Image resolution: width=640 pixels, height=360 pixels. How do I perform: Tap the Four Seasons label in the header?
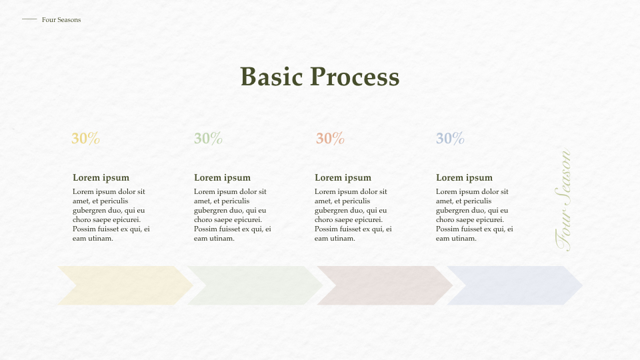(x=61, y=20)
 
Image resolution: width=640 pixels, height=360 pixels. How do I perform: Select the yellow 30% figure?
(x=85, y=139)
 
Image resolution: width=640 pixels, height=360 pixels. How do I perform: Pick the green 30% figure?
(x=208, y=139)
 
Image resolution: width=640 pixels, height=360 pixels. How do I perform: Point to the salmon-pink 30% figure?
(x=330, y=139)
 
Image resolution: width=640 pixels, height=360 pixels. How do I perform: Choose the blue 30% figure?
(x=450, y=139)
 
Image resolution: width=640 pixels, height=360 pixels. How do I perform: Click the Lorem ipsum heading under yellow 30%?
(x=101, y=178)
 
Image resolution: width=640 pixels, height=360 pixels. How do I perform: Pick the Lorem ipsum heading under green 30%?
(x=222, y=178)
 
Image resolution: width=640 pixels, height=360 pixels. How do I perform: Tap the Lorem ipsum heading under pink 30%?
(x=343, y=178)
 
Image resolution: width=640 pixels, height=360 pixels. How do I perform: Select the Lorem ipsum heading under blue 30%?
(x=464, y=178)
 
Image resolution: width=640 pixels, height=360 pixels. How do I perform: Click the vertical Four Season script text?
(x=563, y=200)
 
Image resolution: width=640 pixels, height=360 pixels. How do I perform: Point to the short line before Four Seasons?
(x=29, y=19)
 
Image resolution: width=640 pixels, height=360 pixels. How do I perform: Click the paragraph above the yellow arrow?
(x=111, y=215)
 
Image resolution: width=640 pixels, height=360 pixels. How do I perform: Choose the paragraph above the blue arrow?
(x=474, y=215)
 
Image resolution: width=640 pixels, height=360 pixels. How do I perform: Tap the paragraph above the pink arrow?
(x=353, y=215)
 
